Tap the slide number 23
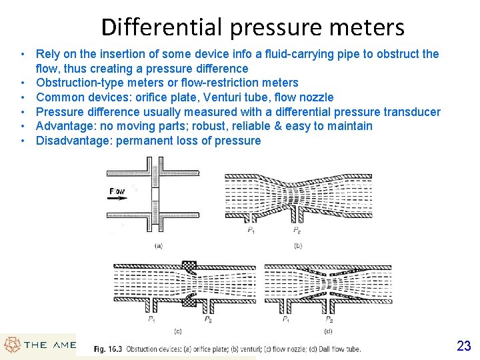(x=464, y=345)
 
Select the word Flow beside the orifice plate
(x=117, y=191)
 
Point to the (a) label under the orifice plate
(x=159, y=245)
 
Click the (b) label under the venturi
(x=297, y=245)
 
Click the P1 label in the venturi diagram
(x=251, y=230)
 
